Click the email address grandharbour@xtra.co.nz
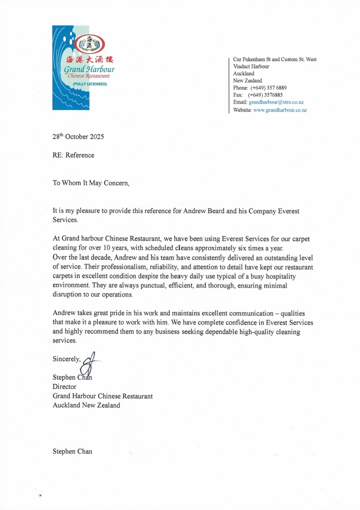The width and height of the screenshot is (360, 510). point(276,102)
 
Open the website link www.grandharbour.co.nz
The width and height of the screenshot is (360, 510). point(280,109)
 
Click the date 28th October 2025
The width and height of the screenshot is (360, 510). point(78,136)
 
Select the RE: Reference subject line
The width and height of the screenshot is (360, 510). point(73,155)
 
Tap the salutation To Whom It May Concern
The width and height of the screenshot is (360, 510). point(91,183)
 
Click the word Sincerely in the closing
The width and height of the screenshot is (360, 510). point(67,359)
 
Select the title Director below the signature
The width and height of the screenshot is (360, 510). point(64,386)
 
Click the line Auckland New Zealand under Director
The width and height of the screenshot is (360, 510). point(86,405)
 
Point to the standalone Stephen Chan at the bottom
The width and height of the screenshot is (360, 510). point(72,451)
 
